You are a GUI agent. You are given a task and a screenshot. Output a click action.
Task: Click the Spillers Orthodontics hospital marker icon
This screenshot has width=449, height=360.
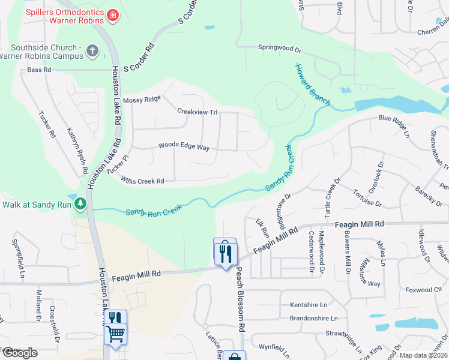pos(112,15)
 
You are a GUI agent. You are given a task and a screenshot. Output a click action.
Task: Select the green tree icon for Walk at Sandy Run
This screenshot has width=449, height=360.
pos(80,204)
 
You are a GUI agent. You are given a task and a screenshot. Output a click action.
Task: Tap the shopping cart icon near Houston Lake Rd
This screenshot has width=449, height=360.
pos(115,333)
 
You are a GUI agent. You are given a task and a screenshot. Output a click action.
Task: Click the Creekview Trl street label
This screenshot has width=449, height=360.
pos(197,111)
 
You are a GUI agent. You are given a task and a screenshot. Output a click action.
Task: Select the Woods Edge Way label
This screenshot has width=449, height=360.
pos(184,146)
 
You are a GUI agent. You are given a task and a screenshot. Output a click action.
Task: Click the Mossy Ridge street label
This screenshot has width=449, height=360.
pos(142,100)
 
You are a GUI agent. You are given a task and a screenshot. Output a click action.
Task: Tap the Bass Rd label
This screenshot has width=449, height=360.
pos(40,70)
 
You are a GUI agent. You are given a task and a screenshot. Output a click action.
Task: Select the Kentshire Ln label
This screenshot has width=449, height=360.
pos(312,305)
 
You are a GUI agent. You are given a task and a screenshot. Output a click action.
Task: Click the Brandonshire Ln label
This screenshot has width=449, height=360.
pos(313,318)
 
